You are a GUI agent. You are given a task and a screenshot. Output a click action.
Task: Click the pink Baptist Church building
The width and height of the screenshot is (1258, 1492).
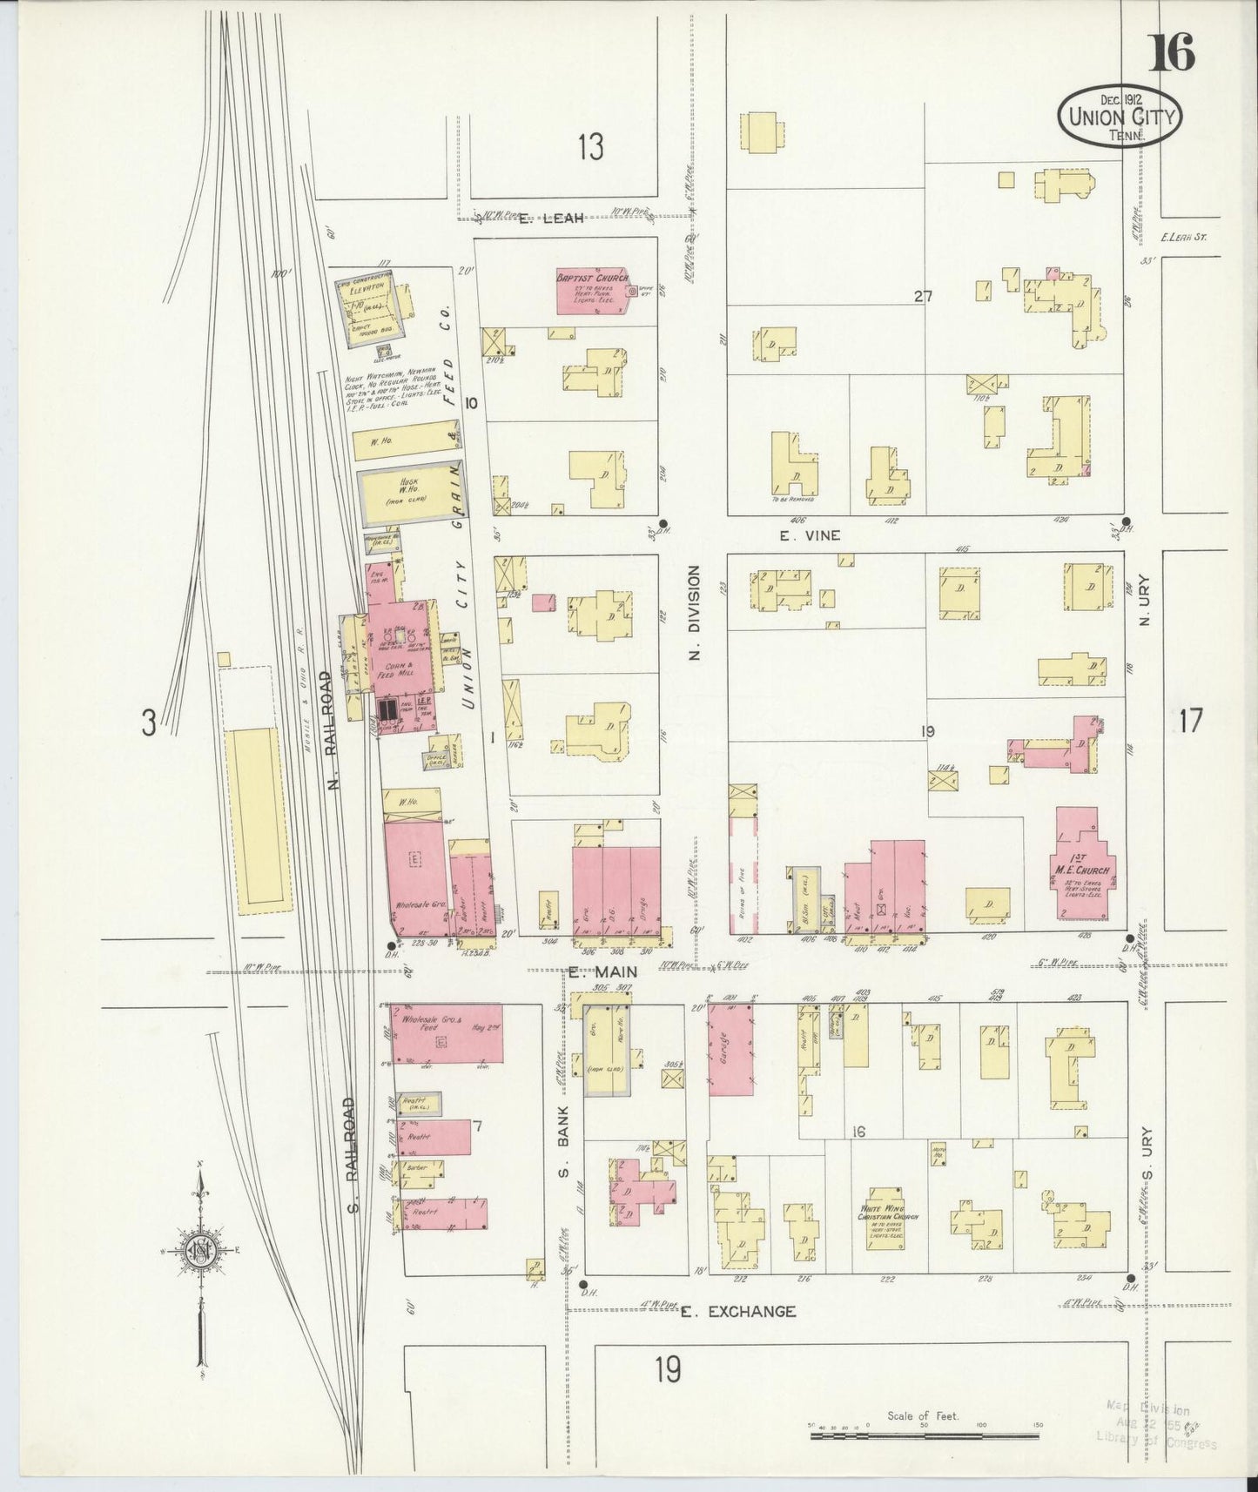[x=595, y=291]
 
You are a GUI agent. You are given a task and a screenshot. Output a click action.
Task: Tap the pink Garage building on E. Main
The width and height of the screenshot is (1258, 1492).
[x=730, y=1048]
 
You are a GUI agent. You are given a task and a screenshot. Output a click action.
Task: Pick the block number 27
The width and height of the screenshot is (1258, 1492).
[x=923, y=297]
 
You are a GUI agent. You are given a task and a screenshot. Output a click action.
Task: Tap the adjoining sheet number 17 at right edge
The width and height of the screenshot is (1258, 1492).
[x=1189, y=721]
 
